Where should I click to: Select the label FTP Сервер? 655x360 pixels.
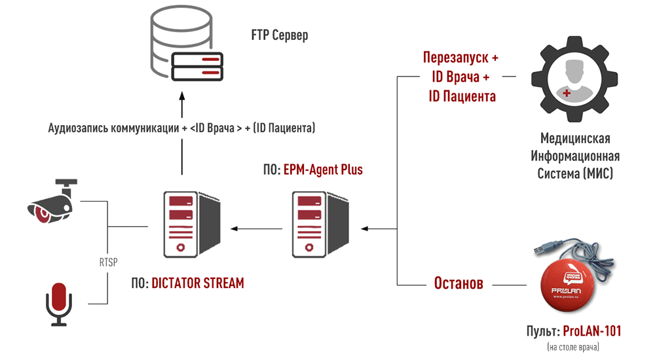click(279, 35)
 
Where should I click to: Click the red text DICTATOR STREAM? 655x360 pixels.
click(197, 283)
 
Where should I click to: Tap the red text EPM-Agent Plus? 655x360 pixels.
click(323, 170)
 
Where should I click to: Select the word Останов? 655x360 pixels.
click(458, 284)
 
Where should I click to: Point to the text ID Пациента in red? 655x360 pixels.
click(462, 96)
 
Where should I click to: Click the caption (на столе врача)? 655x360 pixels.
click(573, 346)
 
